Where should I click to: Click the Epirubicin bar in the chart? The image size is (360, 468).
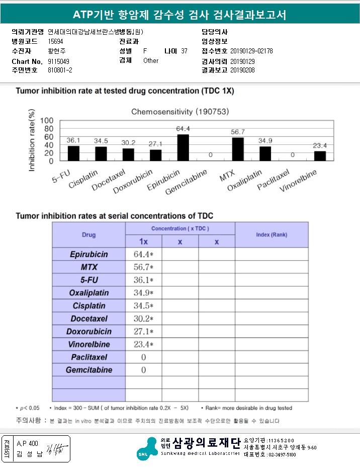pos(183,147)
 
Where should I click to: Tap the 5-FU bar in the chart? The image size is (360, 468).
pos(73,153)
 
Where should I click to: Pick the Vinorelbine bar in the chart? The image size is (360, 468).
pos(320,156)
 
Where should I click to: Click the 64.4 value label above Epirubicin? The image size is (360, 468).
pos(183,129)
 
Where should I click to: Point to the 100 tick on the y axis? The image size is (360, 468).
pos(47,121)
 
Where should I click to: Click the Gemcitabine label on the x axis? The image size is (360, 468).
pos(200,180)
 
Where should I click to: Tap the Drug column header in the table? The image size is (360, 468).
pos(88,235)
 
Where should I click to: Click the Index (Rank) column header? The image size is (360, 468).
pos(272,235)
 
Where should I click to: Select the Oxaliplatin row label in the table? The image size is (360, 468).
pos(88,293)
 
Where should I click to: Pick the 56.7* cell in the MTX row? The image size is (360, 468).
pos(143,267)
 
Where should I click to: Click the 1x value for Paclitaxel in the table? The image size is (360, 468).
pos(143,357)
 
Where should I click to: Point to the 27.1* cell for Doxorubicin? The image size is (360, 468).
pos(143,332)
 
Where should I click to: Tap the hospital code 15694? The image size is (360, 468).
pos(55,42)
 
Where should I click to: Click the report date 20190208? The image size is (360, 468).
pos(242,70)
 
